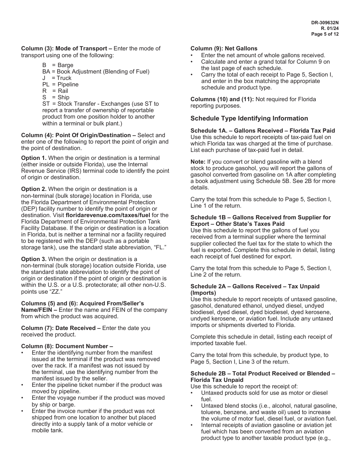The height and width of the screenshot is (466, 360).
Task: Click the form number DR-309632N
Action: coord(325,23)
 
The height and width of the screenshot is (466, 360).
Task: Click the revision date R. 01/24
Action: coord(330,28)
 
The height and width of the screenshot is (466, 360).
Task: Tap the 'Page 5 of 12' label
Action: coord(325,34)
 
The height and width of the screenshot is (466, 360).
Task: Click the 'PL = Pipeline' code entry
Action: coord(61,84)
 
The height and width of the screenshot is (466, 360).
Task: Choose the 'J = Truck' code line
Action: coord(57,78)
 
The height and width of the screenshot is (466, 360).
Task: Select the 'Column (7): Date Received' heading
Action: coord(61,328)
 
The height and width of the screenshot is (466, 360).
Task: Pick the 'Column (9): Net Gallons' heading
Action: coord(224,48)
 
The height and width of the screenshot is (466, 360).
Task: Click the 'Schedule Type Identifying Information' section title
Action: coord(249,118)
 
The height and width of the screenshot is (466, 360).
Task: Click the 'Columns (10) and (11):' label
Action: coord(222,99)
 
